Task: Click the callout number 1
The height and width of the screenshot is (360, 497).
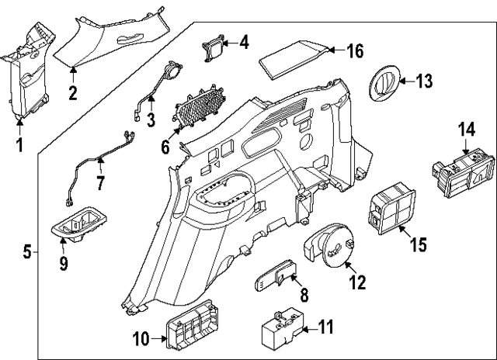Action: tap(20, 145)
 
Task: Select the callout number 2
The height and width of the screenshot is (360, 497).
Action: tap(72, 95)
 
